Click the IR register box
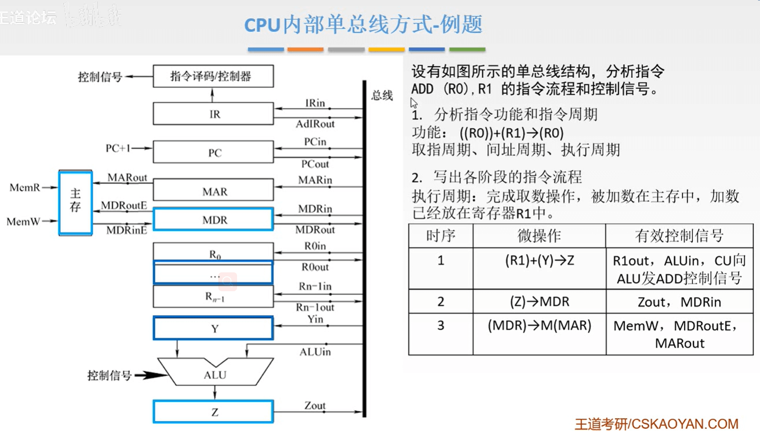pos(213,114)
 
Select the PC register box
pos(213,152)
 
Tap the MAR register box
pos(213,191)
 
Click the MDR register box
pos(213,219)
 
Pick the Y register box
pos(213,328)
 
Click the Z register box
pos(213,412)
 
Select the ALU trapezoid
pos(215,374)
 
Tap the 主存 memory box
pos(75,202)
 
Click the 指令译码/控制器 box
pos(213,76)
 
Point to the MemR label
pos(24,187)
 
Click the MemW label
pos(23,221)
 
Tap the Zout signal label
pos(315,405)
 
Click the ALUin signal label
pos(315,352)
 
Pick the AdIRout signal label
pos(315,124)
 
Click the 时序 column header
pos(440,236)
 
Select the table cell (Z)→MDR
pos(539,301)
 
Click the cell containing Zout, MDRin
pos(679,302)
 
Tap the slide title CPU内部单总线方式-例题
pos(363,25)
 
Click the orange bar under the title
pos(305,49)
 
